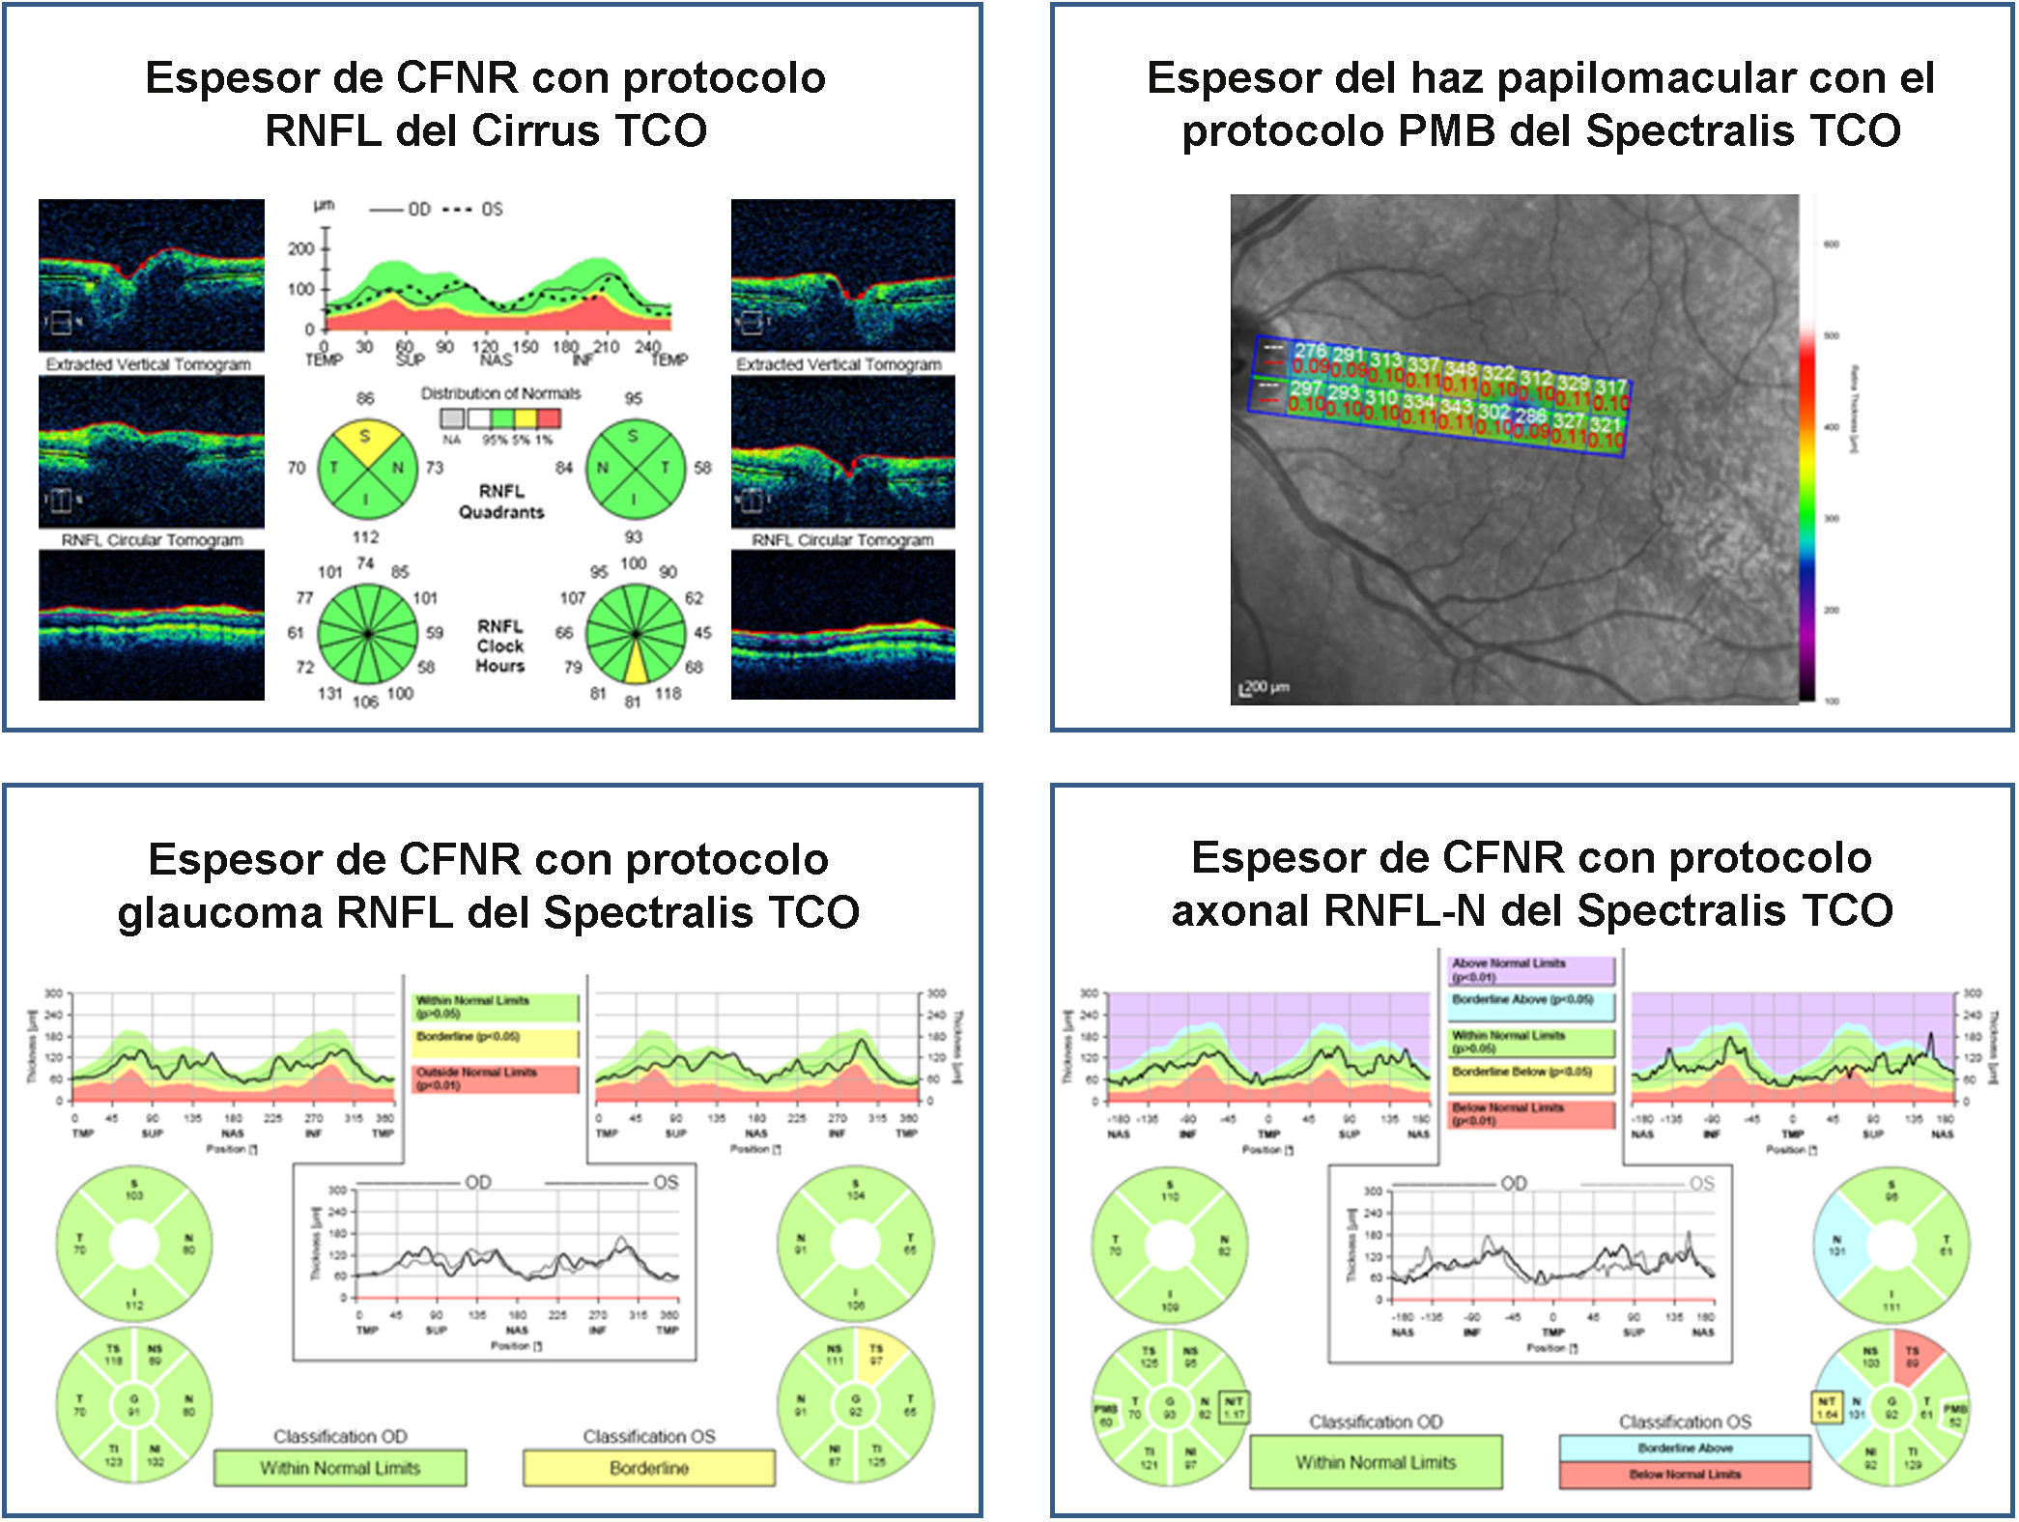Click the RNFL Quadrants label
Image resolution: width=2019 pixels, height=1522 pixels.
pos(500,502)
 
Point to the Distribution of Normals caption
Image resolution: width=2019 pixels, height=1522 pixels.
pos(500,393)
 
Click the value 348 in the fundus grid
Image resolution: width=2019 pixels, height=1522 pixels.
pos(1460,369)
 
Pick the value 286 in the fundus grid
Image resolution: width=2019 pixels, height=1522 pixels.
pos(1529,416)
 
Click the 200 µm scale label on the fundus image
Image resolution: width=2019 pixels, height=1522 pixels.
pos(1265,687)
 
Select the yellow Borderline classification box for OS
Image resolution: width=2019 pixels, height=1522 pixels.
pos(648,1468)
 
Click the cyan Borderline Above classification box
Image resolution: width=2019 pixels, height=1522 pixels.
pos(1684,1448)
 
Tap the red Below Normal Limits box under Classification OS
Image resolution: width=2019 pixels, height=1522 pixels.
pos(1684,1475)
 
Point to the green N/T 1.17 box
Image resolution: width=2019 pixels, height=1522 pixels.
pos(1234,1407)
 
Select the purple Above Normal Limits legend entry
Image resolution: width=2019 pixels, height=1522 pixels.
pos(1531,970)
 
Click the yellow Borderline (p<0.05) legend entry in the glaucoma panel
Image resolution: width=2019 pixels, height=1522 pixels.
pos(496,1042)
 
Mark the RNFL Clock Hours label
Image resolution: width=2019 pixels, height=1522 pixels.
pos(499,646)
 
